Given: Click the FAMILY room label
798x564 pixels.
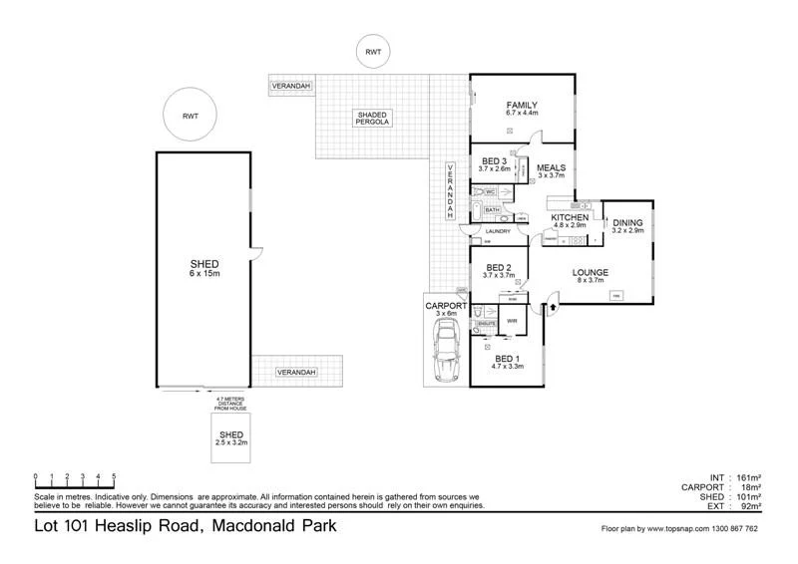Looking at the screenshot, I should point(522,105).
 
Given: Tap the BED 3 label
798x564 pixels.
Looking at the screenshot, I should point(495,161).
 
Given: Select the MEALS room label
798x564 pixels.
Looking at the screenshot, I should point(551,167).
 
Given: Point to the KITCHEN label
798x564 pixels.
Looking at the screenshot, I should point(571,217).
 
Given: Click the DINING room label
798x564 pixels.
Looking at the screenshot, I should point(627,222).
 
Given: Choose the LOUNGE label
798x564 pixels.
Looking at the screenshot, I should point(590,271).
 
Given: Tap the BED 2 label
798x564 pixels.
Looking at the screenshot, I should point(499,267).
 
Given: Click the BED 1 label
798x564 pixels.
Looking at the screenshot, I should point(507,359).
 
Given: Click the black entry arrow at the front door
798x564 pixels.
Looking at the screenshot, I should point(553,309).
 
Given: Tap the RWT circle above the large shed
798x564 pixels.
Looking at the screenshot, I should point(191,117).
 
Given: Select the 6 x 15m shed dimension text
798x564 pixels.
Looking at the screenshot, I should point(204,273).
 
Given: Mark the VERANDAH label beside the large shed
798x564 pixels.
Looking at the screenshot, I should point(296,373).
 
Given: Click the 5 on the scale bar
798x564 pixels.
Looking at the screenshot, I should point(115,476).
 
